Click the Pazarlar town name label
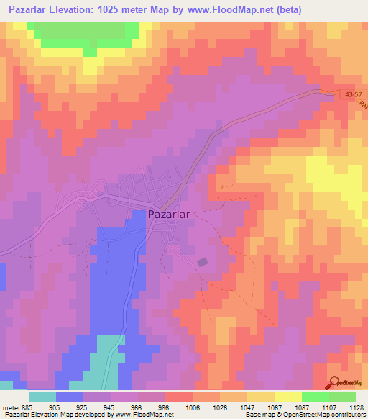point(170,214)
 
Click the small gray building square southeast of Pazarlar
point(203,263)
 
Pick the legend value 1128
point(355,407)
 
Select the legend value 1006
point(193,407)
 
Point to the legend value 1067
point(273,407)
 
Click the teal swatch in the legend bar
point(42,397)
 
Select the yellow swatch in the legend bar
point(287,397)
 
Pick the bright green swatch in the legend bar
point(315,397)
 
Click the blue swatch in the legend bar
point(70,397)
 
